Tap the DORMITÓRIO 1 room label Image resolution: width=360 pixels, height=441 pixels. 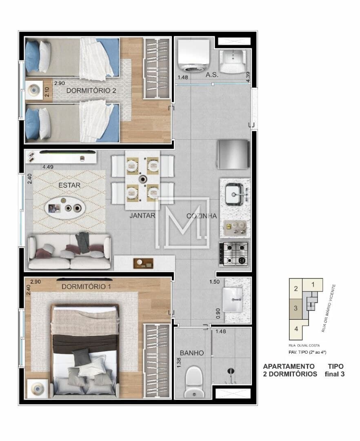[x=86, y=287]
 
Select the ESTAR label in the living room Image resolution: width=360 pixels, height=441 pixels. [x=69, y=185]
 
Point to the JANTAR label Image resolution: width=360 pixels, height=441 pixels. [x=142, y=216]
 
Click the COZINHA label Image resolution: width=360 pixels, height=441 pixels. [x=202, y=216]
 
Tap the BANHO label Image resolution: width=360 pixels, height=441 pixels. [x=192, y=353]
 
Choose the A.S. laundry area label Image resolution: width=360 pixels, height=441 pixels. [x=212, y=75]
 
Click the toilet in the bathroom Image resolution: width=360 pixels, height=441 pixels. [x=194, y=382]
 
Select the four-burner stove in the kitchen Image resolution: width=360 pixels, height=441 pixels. [x=234, y=254]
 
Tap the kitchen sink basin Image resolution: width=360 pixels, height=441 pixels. [x=233, y=194]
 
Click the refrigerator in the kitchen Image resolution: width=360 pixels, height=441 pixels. [x=233, y=154]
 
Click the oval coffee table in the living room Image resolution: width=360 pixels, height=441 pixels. [x=65, y=207]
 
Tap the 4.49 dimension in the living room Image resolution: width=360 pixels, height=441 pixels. [x=48, y=167]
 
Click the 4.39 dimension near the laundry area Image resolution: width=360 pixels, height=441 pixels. [x=248, y=77]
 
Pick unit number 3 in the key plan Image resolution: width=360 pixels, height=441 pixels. [x=296, y=308]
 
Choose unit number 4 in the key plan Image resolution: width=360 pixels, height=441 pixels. [x=296, y=328]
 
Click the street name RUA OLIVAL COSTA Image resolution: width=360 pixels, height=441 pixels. [x=304, y=345]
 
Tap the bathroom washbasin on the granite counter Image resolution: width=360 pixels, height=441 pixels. [x=232, y=300]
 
